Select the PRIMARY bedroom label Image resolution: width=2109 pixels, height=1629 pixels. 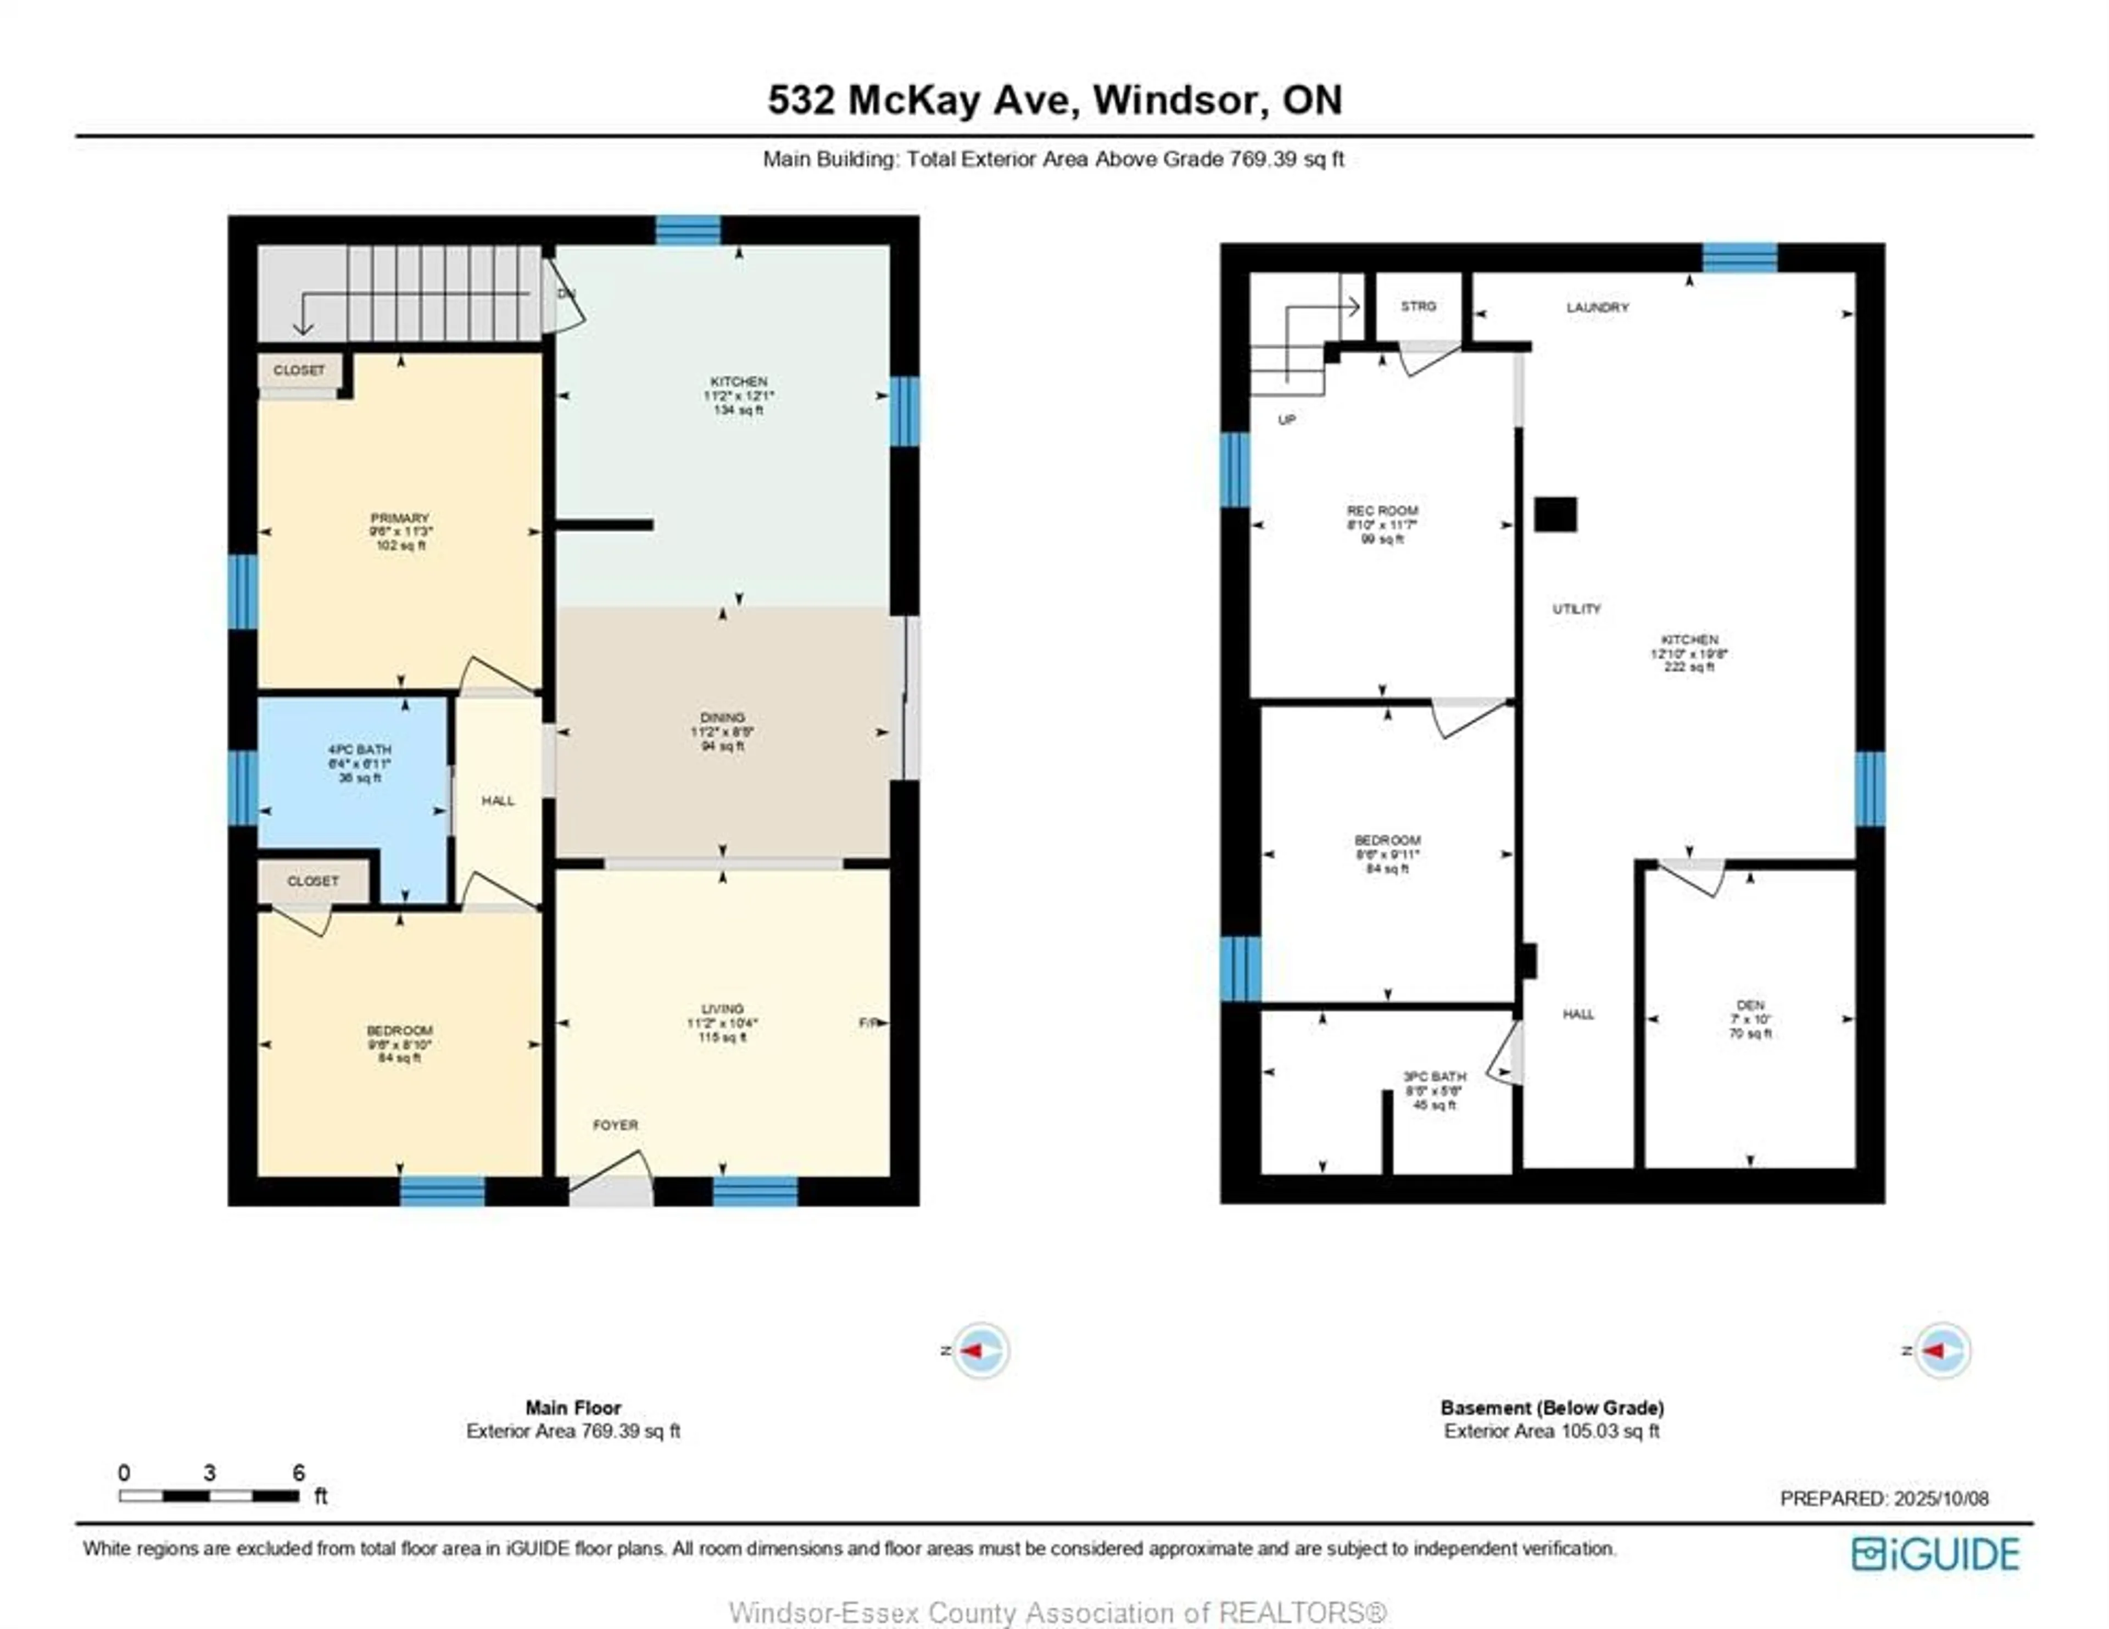[400, 518]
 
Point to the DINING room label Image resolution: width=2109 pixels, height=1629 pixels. [722, 717]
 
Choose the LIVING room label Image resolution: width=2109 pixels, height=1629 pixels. [722, 1009]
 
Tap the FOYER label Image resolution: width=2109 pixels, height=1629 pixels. [615, 1125]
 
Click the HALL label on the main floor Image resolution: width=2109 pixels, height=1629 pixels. [498, 801]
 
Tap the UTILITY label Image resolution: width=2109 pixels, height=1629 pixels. [1576, 609]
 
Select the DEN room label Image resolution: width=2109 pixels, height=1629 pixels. [1750, 1005]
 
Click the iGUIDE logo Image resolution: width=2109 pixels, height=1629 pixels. [1935, 1554]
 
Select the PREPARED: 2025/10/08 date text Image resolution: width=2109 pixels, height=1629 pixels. [1884, 1499]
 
